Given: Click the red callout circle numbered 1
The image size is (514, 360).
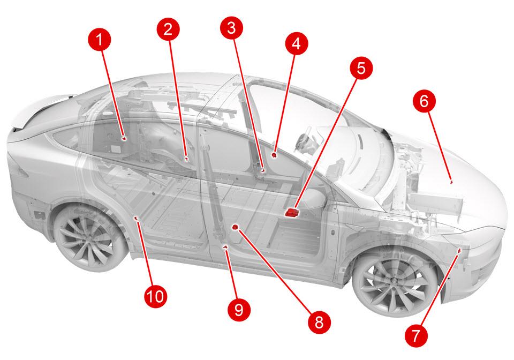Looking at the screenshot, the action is point(100,40).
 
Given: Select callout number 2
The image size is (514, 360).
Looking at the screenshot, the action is point(168,29).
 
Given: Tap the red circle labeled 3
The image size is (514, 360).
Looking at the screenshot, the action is point(231,28).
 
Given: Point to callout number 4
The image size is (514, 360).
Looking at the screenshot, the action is point(296,43).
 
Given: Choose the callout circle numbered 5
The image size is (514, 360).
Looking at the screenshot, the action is point(360,68).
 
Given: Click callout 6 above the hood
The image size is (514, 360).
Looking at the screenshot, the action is point(424,101).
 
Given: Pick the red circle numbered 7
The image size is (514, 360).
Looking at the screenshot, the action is point(415,336).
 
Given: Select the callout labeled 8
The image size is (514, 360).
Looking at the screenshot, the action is point(319,322).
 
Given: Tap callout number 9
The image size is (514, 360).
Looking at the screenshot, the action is point(239,309).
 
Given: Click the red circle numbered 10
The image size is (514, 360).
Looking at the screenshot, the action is point(155,296).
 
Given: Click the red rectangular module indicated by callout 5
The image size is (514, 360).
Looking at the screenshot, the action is point(292,213).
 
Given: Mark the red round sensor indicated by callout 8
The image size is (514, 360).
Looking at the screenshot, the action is point(235,227).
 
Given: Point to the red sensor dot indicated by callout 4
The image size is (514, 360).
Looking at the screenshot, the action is point(274,154).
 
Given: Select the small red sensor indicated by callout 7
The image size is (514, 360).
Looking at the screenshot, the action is point(460,251).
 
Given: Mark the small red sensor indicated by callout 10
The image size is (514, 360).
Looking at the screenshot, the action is point(137,218).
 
